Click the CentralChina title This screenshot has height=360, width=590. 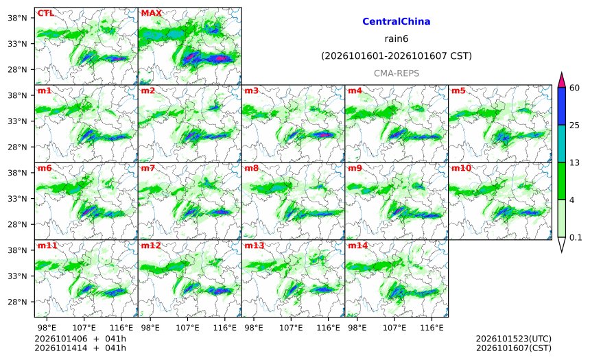(x=397, y=21)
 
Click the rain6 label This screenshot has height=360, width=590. (x=397, y=39)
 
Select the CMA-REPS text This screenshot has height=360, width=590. (x=397, y=73)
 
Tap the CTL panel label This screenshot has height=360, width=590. (x=45, y=13)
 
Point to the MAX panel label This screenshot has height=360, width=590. (x=151, y=13)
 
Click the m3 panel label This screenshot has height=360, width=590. (x=251, y=91)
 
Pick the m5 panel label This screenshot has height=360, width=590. (x=458, y=91)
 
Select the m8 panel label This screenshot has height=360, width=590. (x=251, y=168)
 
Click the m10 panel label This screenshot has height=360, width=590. (x=461, y=168)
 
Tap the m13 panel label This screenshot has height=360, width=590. (x=255, y=245)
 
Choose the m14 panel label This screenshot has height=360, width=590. (x=358, y=245)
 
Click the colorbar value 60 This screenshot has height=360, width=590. (x=574, y=88)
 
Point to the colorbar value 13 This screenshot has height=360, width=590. (x=574, y=163)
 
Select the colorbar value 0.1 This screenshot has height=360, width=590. (x=576, y=238)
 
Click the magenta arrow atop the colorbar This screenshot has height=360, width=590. (x=561, y=80)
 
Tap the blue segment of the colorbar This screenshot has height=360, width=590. (x=561, y=106)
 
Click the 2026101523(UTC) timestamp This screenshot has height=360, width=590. (x=514, y=339)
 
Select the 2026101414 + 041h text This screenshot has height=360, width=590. (x=80, y=348)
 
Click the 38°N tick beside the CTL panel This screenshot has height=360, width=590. (x=17, y=18)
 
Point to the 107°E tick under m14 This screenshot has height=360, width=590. (x=394, y=328)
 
